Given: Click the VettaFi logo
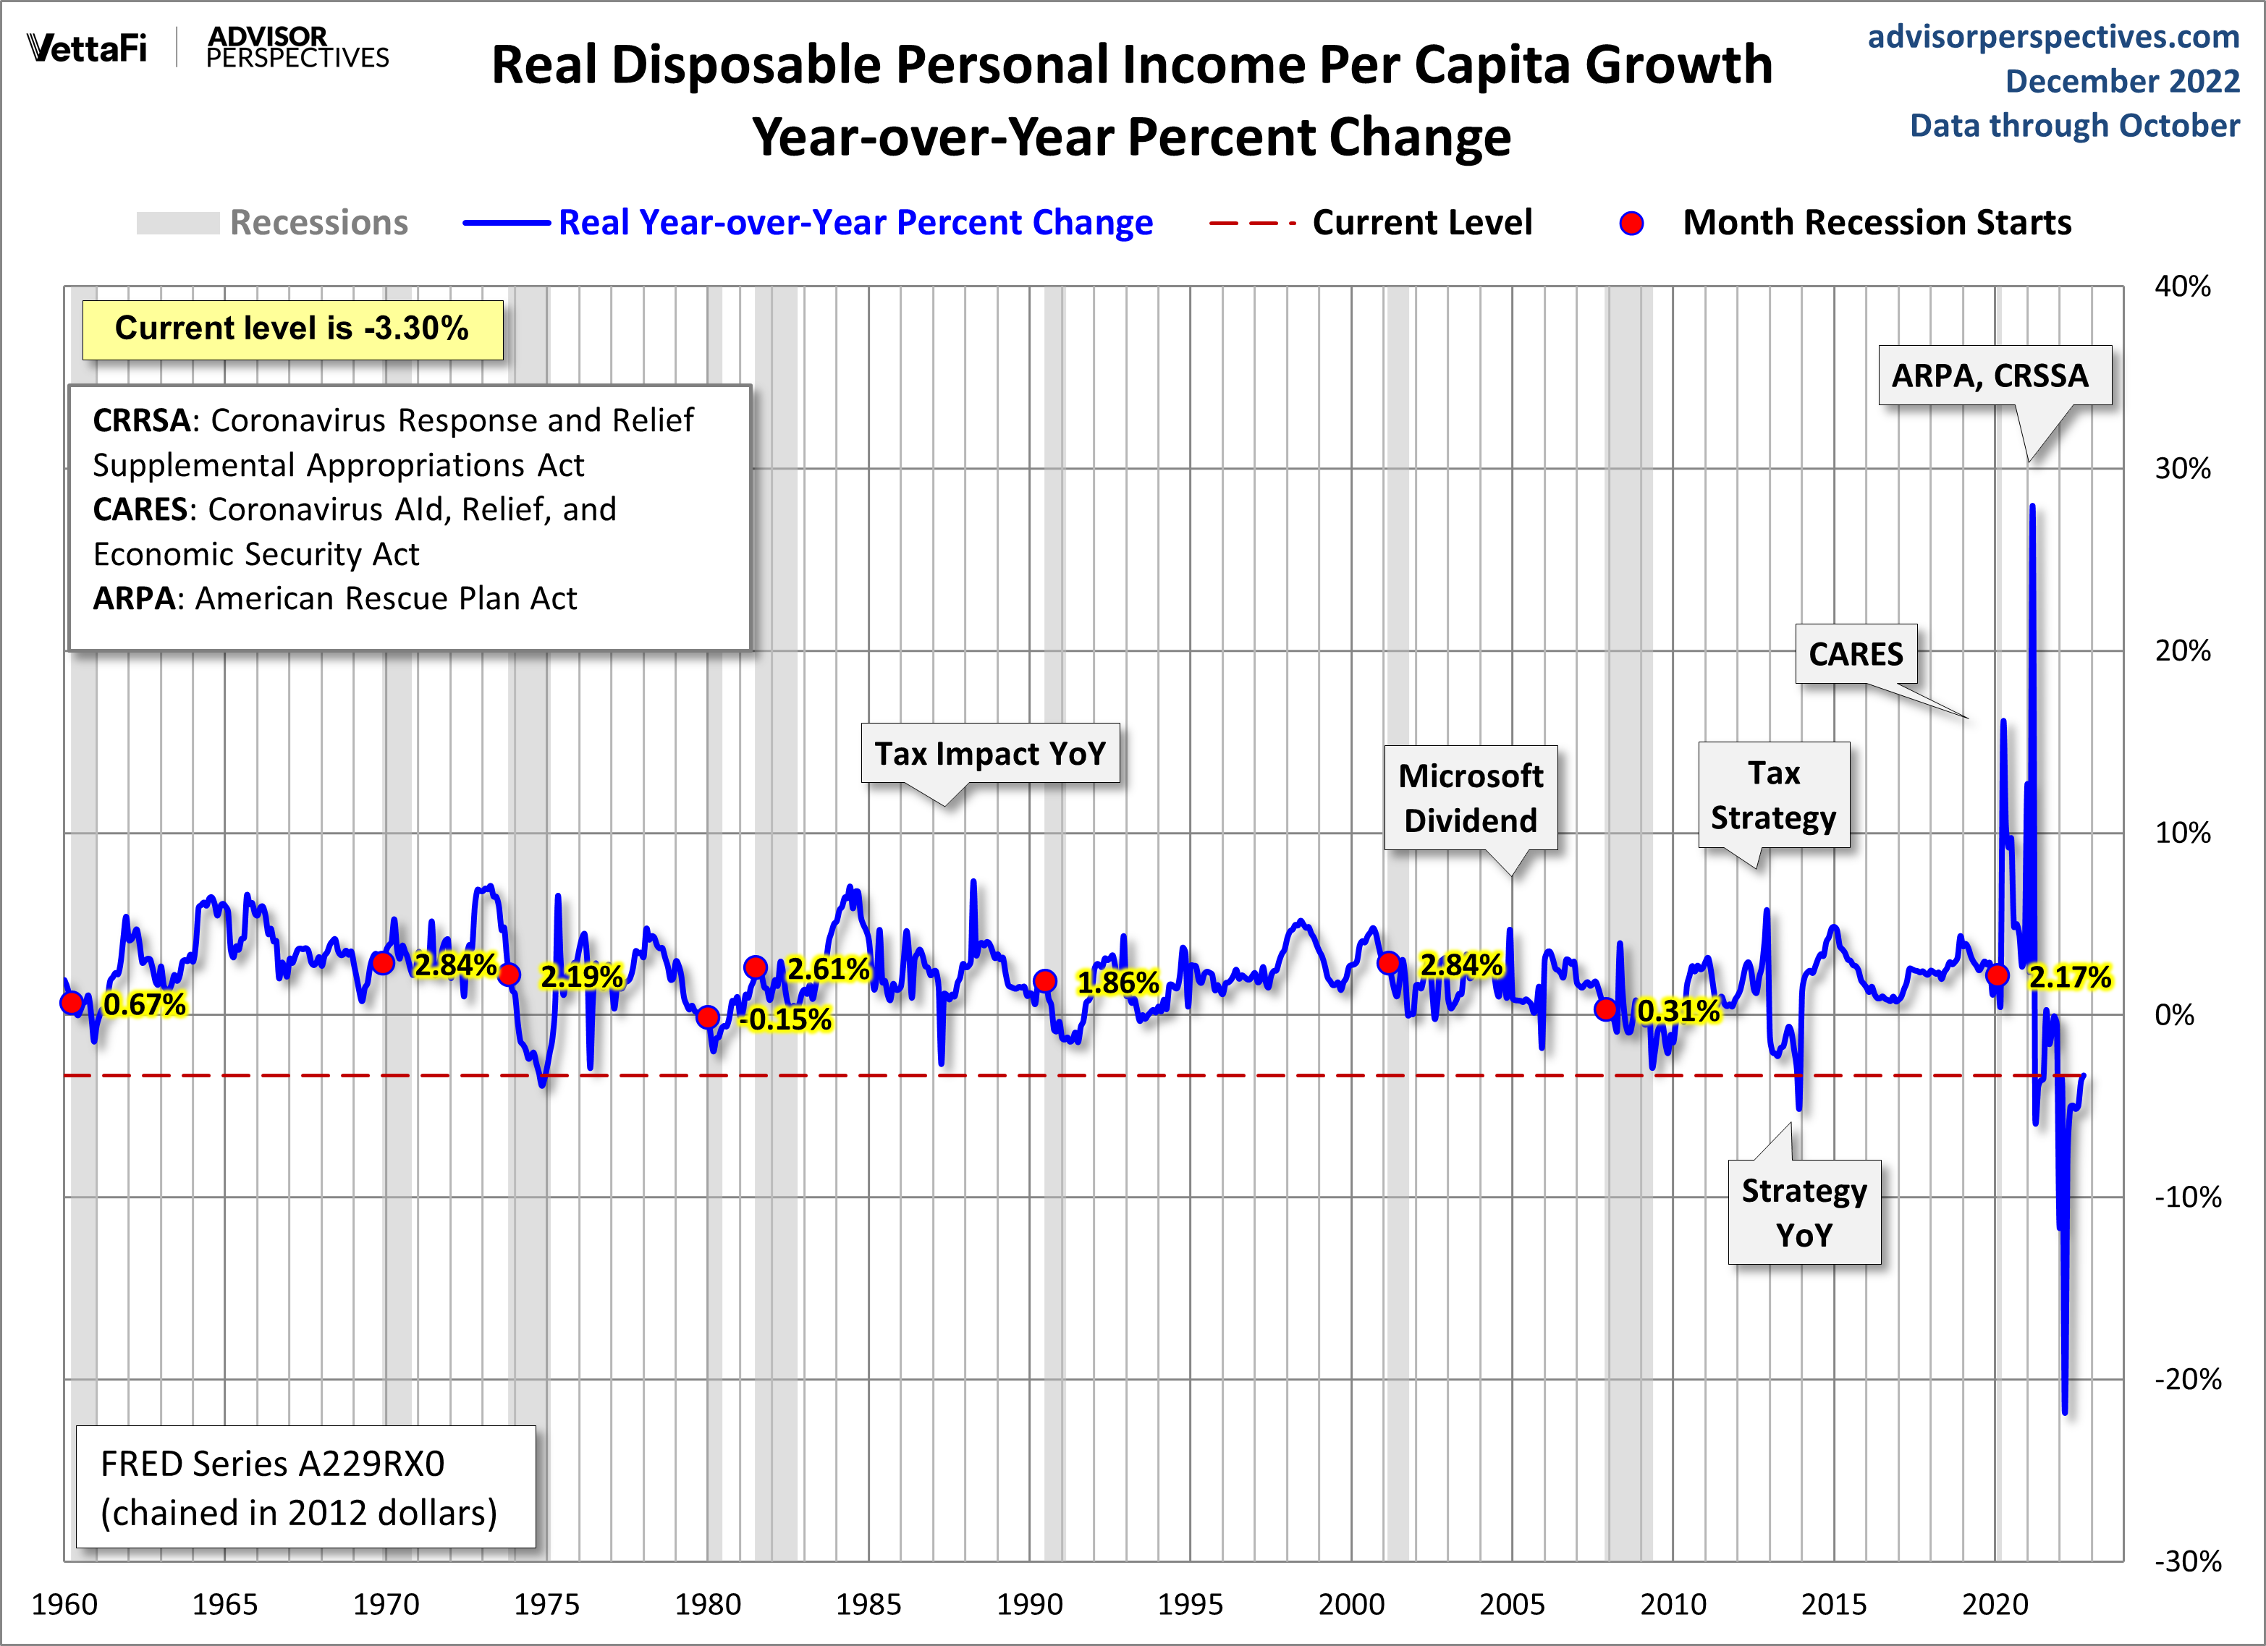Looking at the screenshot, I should tap(87, 48).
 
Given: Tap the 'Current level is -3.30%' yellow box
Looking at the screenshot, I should tap(292, 328).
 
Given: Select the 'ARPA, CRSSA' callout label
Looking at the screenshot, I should tap(1990, 376).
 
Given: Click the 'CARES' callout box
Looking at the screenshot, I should tap(1856, 654).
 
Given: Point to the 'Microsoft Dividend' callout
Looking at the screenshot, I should tap(1470, 798).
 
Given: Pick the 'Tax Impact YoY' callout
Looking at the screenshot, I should tap(990, 753).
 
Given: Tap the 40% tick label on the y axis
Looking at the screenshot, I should tap(2182, 287).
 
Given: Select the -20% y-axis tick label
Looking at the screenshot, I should tap(2187, 1379).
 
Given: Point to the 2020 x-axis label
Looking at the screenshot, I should tap(1995, 1604).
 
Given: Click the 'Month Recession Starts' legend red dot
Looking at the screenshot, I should tap(1631, 223).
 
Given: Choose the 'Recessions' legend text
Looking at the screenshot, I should tap(318, 223).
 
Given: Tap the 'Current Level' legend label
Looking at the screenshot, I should tap(1421, 223).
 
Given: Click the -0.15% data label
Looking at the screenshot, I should tap(785, 1019).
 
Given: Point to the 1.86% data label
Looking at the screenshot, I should tap(1117, 983).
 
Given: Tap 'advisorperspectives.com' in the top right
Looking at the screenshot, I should tap(2053, 37).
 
